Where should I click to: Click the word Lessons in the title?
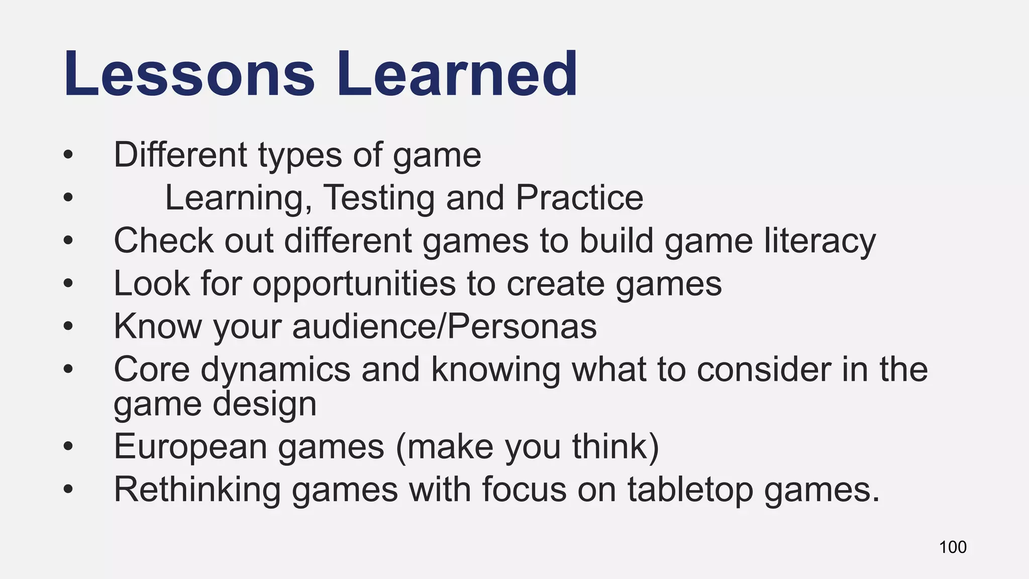[x=189, y=74]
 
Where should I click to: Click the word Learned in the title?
[x=457, y=74]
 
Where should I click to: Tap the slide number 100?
[x=953, y=547]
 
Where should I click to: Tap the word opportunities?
[x=354, y=284]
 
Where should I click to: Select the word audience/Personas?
[x=444, y=327]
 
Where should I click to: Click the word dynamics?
[x=275, y=369]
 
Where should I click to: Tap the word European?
[x=190, y=447]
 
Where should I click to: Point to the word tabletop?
[x=690, y=490]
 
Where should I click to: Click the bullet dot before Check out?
[x=68, y=241]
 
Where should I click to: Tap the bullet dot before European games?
[x=68, y=447]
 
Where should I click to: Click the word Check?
[x=163, y=241]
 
